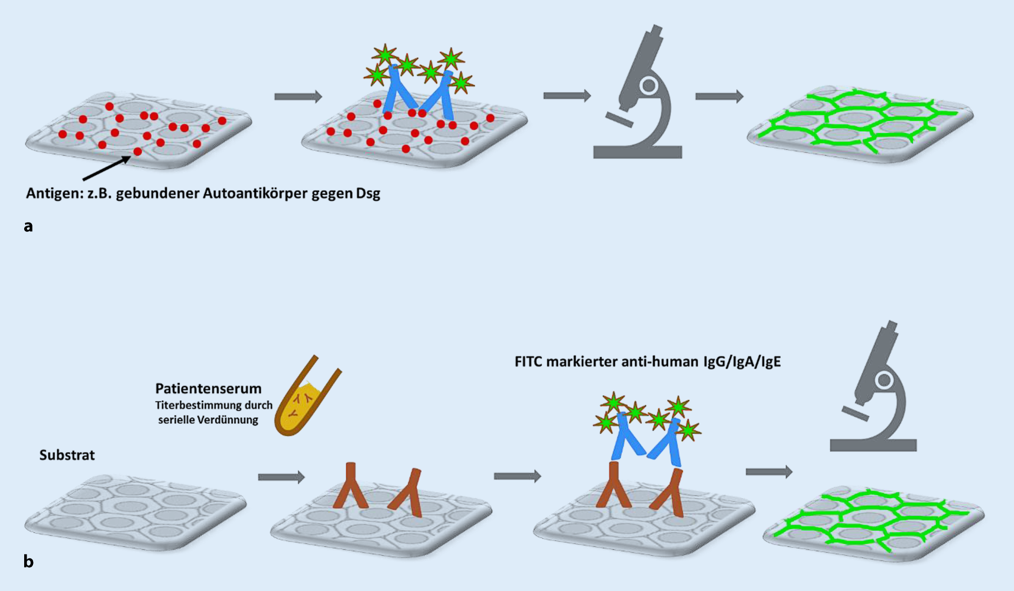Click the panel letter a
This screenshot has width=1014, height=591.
28,226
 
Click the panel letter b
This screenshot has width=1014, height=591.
28,561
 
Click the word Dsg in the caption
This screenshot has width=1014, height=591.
368,193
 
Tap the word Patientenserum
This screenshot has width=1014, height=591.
208,389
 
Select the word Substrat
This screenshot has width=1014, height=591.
67,455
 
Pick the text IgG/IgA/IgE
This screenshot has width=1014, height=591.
740,362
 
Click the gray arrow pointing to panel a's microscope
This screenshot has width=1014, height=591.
567,96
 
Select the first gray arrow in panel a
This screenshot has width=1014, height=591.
298,97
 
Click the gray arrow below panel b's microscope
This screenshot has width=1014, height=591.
769,472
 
